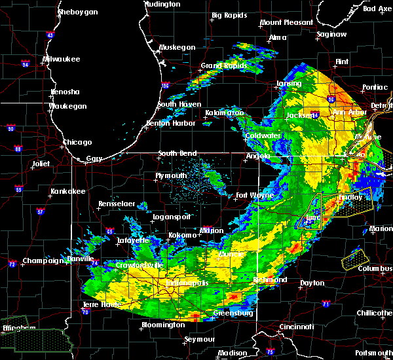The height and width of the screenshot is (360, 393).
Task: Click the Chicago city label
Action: pyautogui.click(x=77, y=142)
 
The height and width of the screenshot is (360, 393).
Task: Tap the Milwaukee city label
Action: pyautogui.click(x=61, y=59)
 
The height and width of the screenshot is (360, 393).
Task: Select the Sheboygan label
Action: pyautogui.click(x=78, y=12)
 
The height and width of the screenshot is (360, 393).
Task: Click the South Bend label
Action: pyautogui.click(x=178, y=154)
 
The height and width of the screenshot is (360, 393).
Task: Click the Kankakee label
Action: pyautogui.click(x=69, y=191)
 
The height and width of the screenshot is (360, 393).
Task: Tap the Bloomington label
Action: pyautogui.click(x=162, y=325)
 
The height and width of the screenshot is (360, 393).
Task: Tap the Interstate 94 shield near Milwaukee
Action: pyautogui.click(x=26, y=64)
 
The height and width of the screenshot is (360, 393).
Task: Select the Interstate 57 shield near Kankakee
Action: pyautogui.click(x=41, y=212)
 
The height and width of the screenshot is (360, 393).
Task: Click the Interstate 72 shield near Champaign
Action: pyautogui.click(x=12, y=264)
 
